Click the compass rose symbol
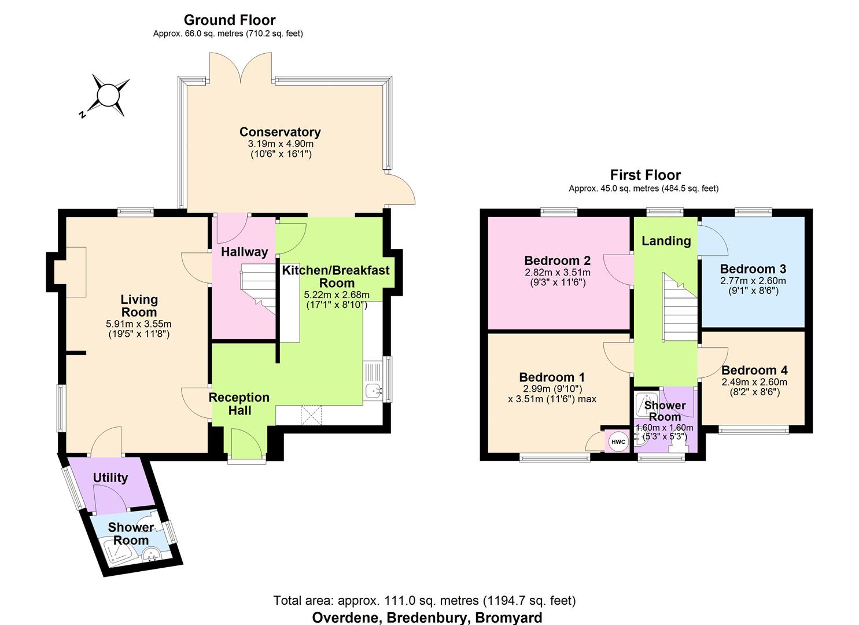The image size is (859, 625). pyautogui.click(x=107, y=94)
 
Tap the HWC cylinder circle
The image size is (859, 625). pyautogui.click(x=618, y=442)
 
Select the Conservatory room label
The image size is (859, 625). pyautogui.click(x=280, y=132)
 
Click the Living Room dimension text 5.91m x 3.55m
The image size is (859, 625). pyautogui.click(x=139, y=323)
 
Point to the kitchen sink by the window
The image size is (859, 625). pyautogui.click(x=374, y=392)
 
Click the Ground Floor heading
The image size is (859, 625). pyautogui.click(x=229, y=20)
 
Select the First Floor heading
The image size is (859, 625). pyautogui.click(x=645, y=175)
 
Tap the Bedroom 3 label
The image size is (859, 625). pyautogui.click(x=753, y=269)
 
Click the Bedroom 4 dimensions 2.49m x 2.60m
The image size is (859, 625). pyautogui.click(x=754, y=382)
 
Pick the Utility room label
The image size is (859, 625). pyautogui.click(x=110, y=477)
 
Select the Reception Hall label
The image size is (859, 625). pyautogui.click(x=239, y=404)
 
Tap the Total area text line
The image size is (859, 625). pyautogui.click(x=424, y=601)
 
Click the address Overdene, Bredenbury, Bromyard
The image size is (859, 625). pyautogui.click(x=427, y=617)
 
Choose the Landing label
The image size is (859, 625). pyautogui.click(x=666, y=241)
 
